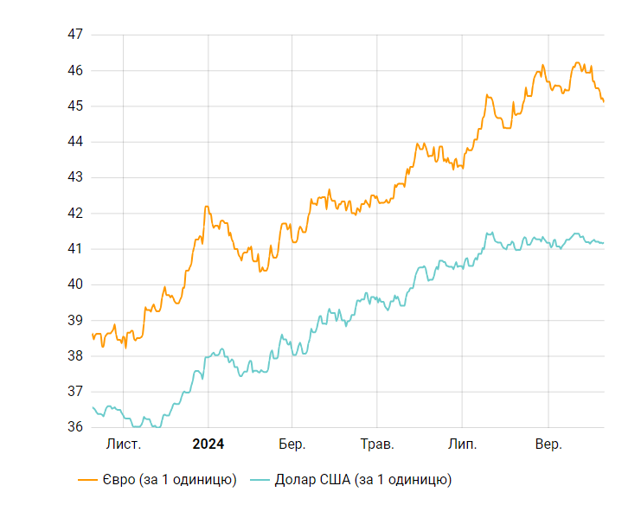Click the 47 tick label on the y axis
coord(74,35)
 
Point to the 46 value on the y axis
coord(74,70)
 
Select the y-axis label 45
coord(74,106)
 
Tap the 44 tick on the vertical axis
coord(74,142)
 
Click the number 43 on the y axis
coord(74,177)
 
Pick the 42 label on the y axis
coord(74,214)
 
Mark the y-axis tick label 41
coord(74,249)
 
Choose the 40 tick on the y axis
coord(74,284)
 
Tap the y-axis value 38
coord(74,356)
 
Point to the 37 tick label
coord(74,392)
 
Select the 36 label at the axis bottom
coord(74,427)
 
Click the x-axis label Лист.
coord(123,444)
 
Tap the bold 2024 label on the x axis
coord(208,444)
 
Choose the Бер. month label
coord(292,444)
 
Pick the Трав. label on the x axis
coord(377,444)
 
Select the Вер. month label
coord(548,444)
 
